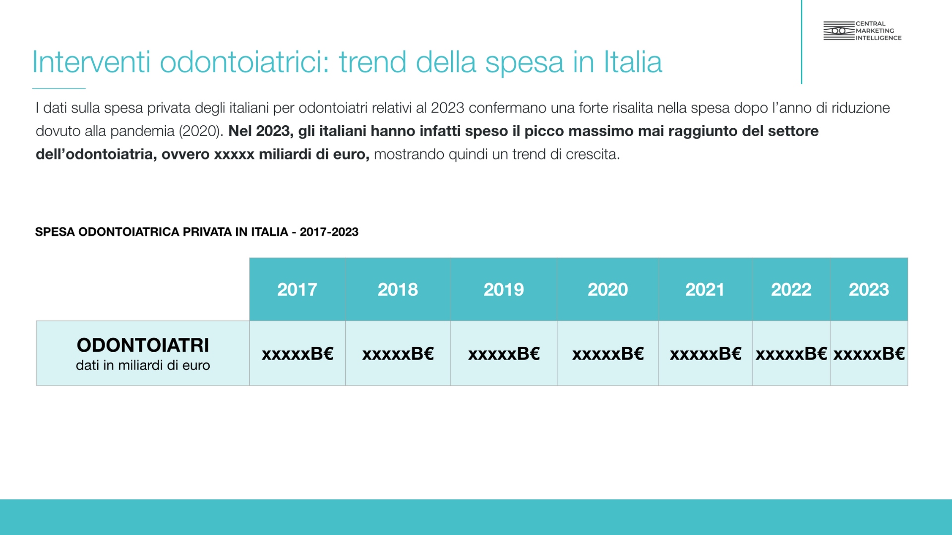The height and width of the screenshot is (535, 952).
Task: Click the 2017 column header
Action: point(297,289)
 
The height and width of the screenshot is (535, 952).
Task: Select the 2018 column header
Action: point(398,289)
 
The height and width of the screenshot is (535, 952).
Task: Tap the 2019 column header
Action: point(504,289)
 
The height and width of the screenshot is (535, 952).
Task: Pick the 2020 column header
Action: point(608,289)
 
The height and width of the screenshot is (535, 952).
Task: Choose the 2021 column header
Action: point(705,289)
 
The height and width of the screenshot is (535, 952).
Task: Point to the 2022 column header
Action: point(791,289)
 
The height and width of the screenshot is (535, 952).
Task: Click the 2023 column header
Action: point(869,289)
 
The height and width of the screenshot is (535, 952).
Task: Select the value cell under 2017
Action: point(297,353)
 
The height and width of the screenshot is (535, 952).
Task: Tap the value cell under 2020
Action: point(608,353)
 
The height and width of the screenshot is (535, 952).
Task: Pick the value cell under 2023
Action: point(869,353)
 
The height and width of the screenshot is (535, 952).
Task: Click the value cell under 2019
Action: point(504,353)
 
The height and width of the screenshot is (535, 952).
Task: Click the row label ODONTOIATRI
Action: point(143,345)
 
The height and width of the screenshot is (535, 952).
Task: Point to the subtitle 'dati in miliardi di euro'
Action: point(143,365)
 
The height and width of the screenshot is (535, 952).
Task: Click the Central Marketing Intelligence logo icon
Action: point(839,31)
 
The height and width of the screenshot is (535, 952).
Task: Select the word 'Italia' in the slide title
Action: point(633,62)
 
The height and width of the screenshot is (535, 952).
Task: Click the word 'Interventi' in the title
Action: point(91,62)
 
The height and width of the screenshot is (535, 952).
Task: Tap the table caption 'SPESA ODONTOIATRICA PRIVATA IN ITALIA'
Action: point(162,232)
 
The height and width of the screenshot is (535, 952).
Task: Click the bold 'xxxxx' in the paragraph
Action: point(234,155)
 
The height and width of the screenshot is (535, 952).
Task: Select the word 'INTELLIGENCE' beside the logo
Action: point(879,38)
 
